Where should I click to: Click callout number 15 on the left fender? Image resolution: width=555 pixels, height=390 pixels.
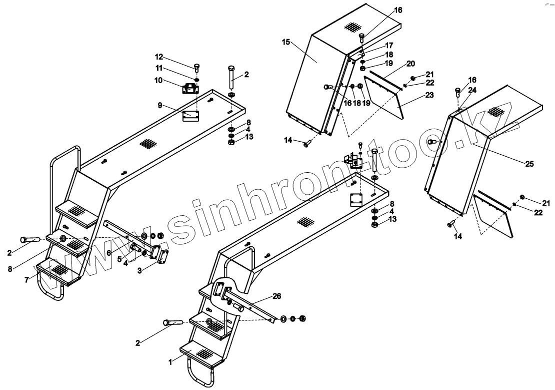click(x=286, y=42)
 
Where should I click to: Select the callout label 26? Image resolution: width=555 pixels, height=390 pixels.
click(x=277, y=296)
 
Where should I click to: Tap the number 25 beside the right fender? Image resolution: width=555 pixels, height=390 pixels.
click(x=529, y=164)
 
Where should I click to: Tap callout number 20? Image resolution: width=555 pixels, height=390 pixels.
click(x=411, y=64)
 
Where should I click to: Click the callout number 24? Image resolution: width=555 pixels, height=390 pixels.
click(x=472, y=91)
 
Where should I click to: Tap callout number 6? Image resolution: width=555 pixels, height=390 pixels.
click(x=109, y=253)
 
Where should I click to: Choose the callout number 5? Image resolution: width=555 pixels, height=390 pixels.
click(x=119, y=259)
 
